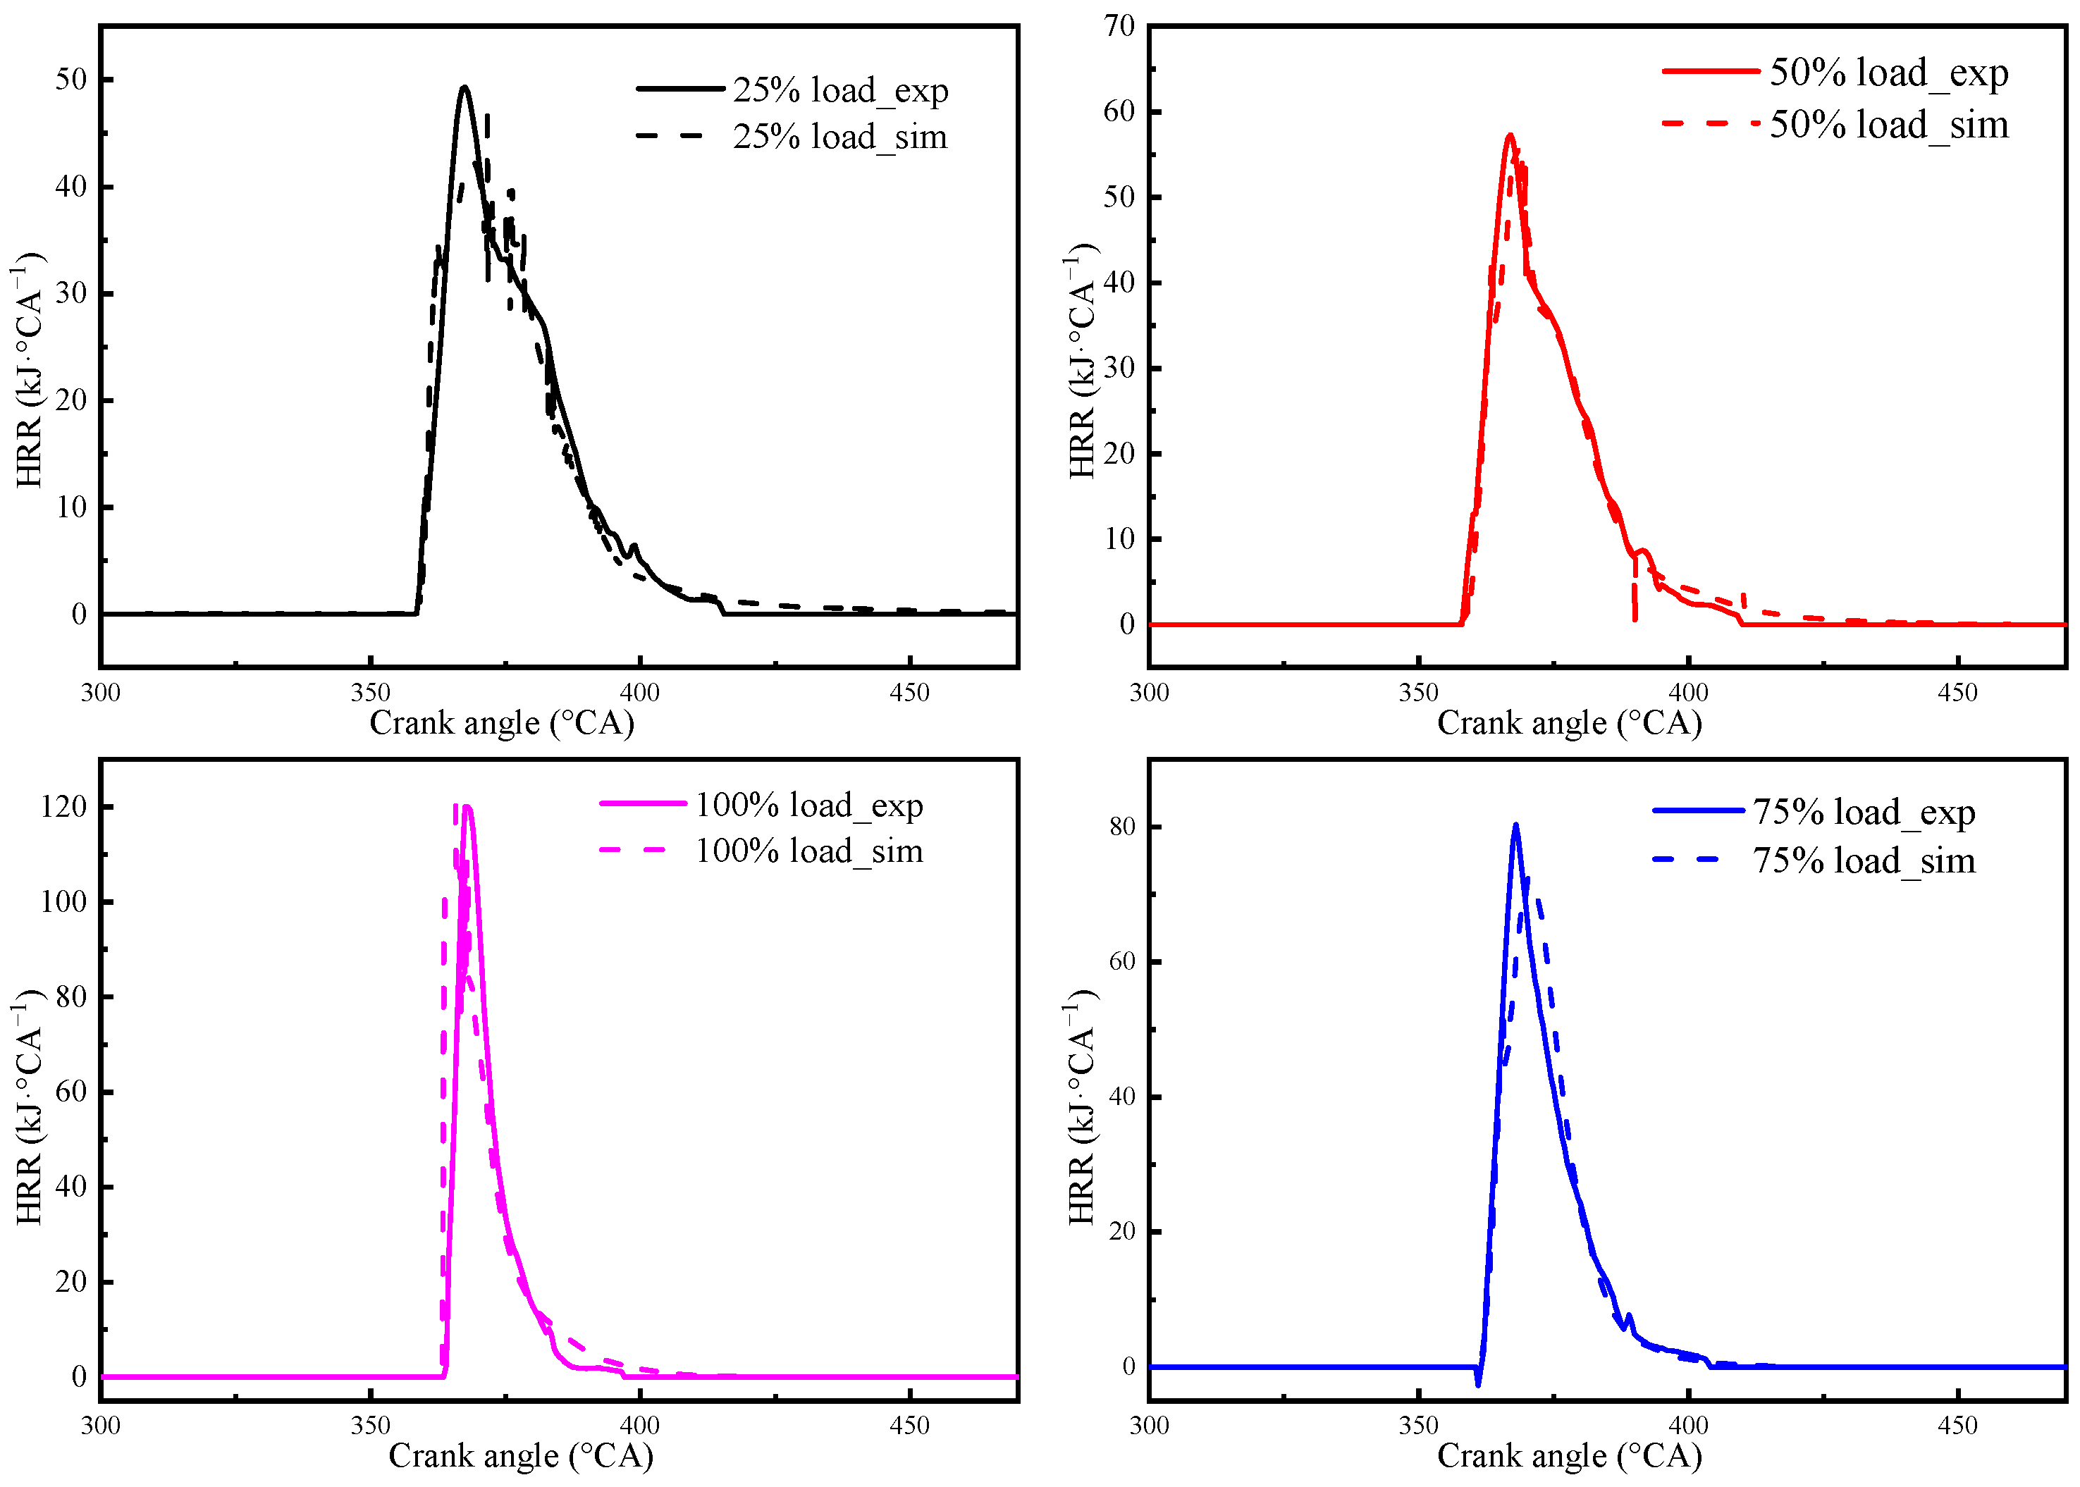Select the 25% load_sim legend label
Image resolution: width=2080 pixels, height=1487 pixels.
pos(840,137)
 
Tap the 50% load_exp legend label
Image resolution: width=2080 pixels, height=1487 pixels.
pos(1888,73)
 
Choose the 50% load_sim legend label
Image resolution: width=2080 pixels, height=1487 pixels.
pos(1888,125)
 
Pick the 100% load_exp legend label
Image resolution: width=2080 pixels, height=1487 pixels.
pos(808,805)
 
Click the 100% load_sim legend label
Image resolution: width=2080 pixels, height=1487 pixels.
pos(808,851)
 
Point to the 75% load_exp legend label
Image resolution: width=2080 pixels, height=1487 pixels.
pos(1864,812)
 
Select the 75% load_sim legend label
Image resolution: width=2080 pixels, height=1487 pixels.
pos(1864,860)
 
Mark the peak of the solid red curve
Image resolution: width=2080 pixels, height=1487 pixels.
pos(1510,135)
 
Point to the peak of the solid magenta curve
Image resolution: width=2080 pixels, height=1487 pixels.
pos(468,807)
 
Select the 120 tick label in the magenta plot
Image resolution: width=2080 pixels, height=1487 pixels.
pos(64,807)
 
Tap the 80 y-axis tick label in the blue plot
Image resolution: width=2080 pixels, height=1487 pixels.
pos(1122,827)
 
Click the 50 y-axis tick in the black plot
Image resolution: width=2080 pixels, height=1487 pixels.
pos(71,80)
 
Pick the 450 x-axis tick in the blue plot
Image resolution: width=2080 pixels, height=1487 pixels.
pos(1957,1426)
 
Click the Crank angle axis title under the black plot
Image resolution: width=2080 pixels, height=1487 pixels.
pos(502,723)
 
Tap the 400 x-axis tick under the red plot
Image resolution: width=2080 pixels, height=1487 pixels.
pos(1688,693)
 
